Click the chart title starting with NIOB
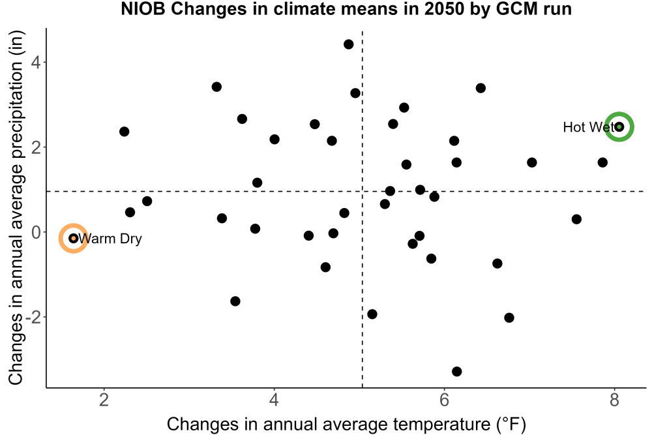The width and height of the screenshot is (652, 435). (346, 8)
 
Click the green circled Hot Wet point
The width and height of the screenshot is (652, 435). (619, 127)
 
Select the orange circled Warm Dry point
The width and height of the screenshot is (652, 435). (74, 238)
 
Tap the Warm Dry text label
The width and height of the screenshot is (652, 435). (110, 239)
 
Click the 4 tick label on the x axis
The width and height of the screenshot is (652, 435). (274, 400)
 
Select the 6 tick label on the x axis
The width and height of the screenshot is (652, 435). (444, 400)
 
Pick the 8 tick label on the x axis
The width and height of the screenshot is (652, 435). (615, 400)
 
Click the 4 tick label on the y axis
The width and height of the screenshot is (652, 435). (36, 63)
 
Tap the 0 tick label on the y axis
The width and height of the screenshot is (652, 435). (36, 232)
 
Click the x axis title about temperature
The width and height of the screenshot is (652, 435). (346, 425)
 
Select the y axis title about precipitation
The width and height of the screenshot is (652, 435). (16, 208)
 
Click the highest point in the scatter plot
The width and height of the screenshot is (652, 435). (348, 44)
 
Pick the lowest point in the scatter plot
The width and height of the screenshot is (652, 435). (456, 371)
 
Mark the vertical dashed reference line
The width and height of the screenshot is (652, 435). (363, 209)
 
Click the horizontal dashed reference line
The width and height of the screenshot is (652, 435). (346, 191)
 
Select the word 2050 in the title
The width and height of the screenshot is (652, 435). (444, 8)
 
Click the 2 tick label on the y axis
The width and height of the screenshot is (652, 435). (36, 147)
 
